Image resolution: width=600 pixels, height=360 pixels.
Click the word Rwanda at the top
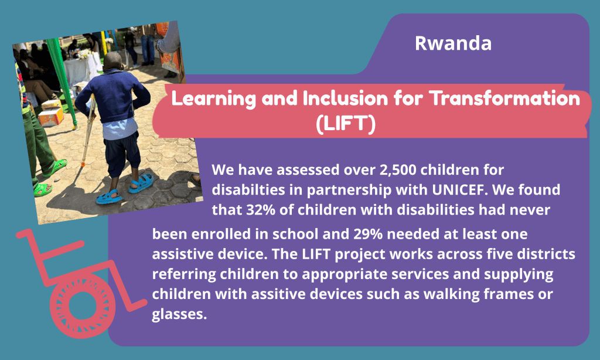[x=453, y=43]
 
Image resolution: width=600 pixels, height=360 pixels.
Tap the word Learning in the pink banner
[x=213, y=99]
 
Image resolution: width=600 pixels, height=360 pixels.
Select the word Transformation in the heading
[x=504, y=99]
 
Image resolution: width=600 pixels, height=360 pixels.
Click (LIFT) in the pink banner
[x=346, y=123]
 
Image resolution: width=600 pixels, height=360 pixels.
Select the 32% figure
[x=261, y=210]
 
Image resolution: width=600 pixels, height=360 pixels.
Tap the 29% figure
[x=368, y=234]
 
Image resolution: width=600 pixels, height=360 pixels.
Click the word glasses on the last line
[x=179, y=314]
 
